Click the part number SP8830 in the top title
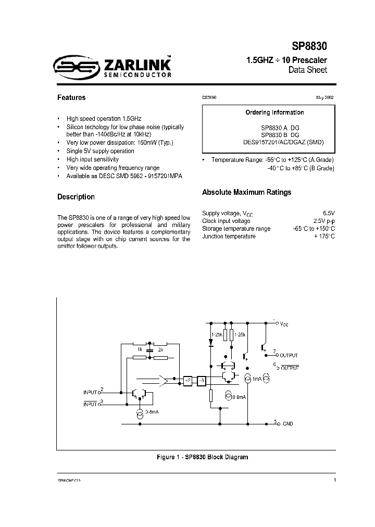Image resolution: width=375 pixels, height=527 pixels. pyautogui.click(x=309, y=46)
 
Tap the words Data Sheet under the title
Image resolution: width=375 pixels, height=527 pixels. pyautogui.click(x=308, y=70)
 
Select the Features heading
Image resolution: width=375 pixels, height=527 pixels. pyautogui.click(x=71, y=97)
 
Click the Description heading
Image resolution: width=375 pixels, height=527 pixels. pyautogui.click(x=76, y=197)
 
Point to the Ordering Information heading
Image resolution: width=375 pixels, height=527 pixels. pyautogui.click(x=267, y=112)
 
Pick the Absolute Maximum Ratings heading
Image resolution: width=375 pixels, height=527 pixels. pyautogui.click(x=246, y=192)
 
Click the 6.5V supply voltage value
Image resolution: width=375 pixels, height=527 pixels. pyautogui.click(x=328, y=213)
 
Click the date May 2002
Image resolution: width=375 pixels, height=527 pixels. pyautogui.click(x=325, y=97)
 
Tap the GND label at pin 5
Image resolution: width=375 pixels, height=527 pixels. pyautogui.click(x=287, y=423)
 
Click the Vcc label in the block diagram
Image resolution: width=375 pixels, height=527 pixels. pyautogui.click(x=284, y=324)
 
